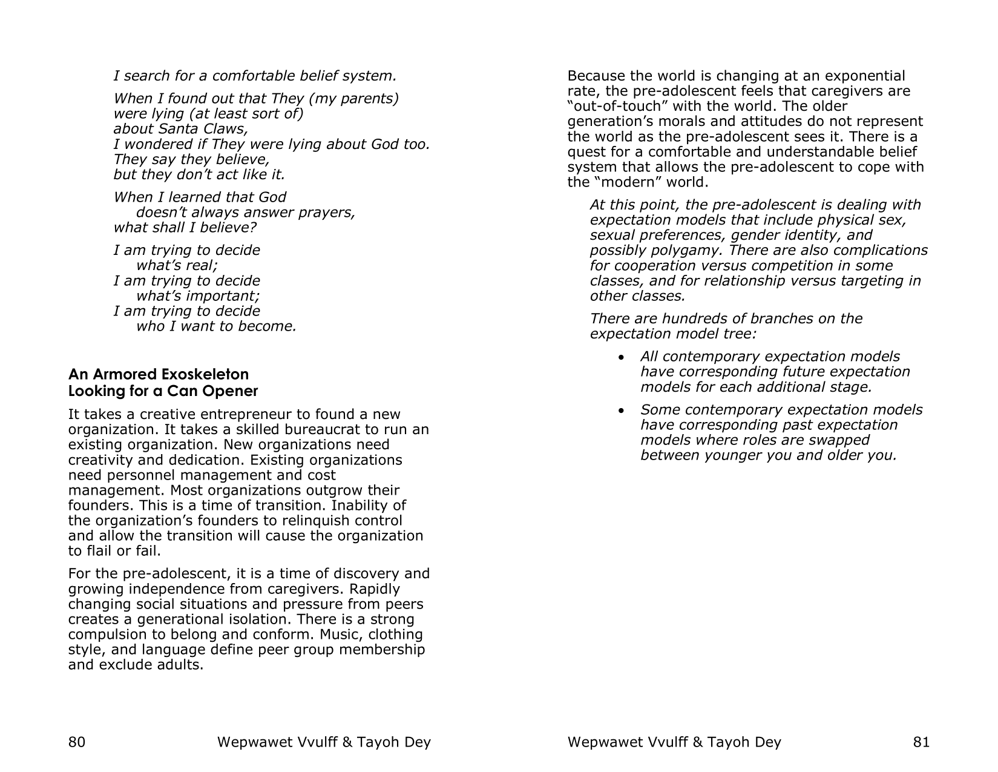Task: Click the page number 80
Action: point(76,742)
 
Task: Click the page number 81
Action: point(921,742)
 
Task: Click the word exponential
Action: point(865,76)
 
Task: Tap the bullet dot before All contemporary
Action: point(621,358)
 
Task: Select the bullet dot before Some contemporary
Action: point(621,411)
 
